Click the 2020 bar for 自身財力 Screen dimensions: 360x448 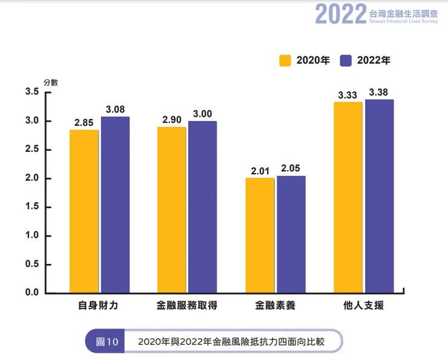(x=84, y=212)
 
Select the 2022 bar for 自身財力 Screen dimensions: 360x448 (x=115, y=205)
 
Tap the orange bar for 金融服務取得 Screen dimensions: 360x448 (x=171, y=210)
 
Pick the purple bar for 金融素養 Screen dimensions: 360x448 (x=291, y=235)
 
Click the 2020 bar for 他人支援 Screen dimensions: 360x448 (x=348, y=198)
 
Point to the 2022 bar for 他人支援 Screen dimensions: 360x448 (x=379, y=197)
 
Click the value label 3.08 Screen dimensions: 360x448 (x=115, y=110)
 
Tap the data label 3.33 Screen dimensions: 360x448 (x=348, y=94)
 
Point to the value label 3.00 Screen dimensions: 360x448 (x=202, y=114)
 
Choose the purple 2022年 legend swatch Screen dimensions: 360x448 (x=346, y=60)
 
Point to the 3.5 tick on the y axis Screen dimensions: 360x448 (x=32, y=92)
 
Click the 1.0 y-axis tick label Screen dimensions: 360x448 (x=32, y=235)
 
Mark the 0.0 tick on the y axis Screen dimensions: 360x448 (x=32, y=293)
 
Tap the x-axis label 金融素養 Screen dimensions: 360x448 (x=275, y=306)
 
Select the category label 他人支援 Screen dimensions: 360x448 (x=363, y=306)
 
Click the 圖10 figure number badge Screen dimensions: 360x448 (x=105, y=341)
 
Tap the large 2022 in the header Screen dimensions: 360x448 (x=340, y=15)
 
